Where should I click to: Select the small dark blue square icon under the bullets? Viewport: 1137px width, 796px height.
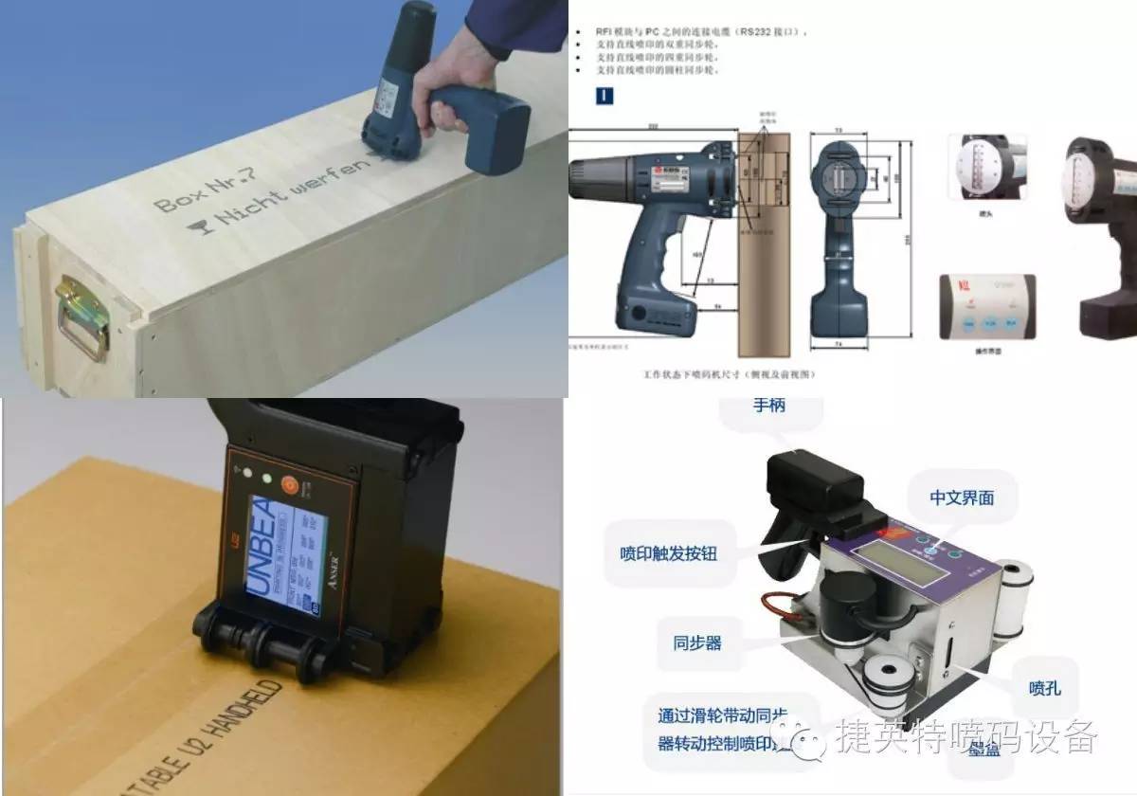tap(604, 95)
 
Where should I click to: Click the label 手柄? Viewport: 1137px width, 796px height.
tap(768, 407)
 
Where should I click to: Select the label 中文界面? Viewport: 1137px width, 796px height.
tap(962, 497)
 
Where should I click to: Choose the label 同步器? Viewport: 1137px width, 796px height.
tap(697, 642)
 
